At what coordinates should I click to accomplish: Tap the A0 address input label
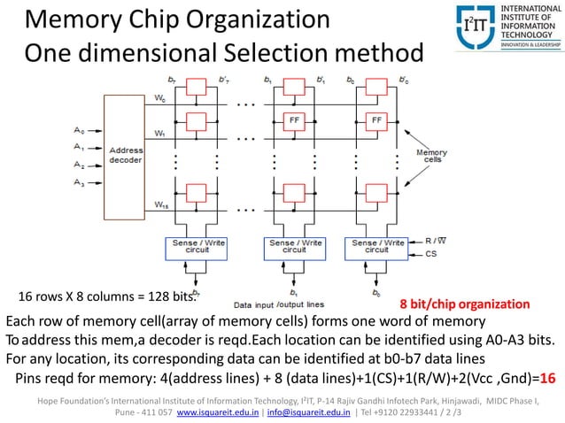[79, 131]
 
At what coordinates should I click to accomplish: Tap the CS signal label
[431, 253]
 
